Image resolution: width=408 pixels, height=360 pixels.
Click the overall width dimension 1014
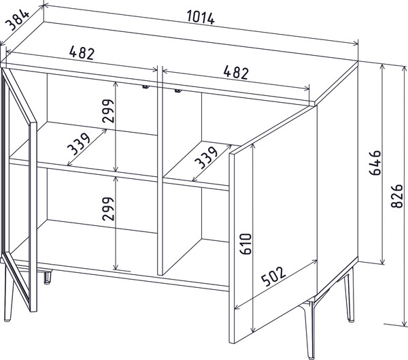[x=201, y=18]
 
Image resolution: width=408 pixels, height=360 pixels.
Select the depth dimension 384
[x=18, y=20]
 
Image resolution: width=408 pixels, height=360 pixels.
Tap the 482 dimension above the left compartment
[x=82, y=53]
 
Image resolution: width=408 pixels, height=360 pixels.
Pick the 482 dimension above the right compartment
[x=236, y=72]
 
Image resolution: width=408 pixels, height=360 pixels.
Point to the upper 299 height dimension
[x=108, y=111]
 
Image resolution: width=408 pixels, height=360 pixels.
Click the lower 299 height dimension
[x=108, y=209]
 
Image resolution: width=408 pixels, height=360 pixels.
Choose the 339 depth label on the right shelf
[x=206, y=158]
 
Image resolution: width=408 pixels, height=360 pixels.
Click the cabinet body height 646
[x=375, y=163]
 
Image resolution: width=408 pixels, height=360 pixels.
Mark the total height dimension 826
[x=397, y=196]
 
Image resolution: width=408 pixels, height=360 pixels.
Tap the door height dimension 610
[x=246, y=244]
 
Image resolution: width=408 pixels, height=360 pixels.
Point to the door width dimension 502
[x=273, y=276]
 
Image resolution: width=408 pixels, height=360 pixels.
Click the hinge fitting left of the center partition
[x=146, y=86]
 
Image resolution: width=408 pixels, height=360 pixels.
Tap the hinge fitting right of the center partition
[x=177, y=91]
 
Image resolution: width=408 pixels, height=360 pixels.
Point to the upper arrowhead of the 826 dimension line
[x=405, y=69]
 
